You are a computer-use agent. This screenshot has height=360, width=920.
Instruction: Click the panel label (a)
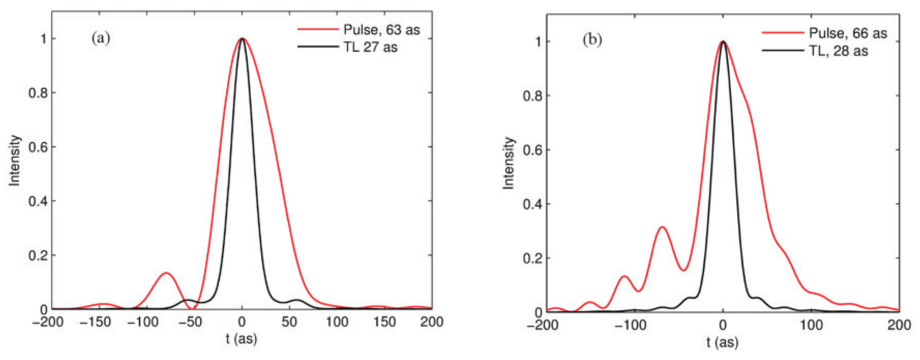pyautogui.click(x=101, y=38)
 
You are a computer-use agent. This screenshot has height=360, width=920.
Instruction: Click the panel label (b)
pyautogui.click(x=592, y=40)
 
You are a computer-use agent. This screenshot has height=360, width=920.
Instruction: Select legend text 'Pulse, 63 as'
pyautogui.click(x=381, y=30)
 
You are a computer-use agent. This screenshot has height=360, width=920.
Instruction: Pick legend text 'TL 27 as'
pyautogui.click(x=370, y=47)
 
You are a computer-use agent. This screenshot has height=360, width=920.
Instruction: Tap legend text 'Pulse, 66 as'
pyautogui.click(x=847, y=33)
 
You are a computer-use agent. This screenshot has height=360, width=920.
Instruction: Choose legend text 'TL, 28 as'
pyautogui.click(x=838, y=51)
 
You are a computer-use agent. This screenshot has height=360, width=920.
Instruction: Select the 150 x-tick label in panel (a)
pyautogui.click(x=384, y=322)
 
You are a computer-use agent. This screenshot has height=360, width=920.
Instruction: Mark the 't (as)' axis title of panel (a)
pyautogui.click(x=241, y=339)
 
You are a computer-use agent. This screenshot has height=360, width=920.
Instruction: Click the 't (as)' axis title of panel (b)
pyautogui.click(x=722, y=342)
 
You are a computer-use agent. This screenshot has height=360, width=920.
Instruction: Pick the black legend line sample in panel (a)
pyautogui.click(x=317, y=47)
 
